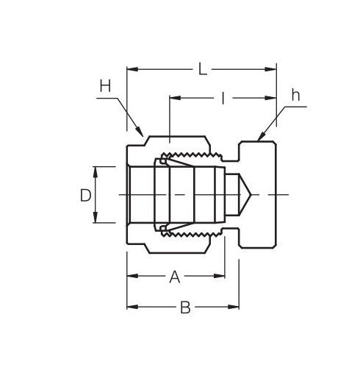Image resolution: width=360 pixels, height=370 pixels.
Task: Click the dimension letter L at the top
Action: (x=202, y=69)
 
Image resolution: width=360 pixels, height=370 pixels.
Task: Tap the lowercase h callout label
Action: (x=295, y=95)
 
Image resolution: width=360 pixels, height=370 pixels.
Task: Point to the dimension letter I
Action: (x=222, y=97)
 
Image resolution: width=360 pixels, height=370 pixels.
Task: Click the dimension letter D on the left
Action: (x=85, y=195)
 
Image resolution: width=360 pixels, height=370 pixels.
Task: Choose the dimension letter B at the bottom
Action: (x=185, y=307)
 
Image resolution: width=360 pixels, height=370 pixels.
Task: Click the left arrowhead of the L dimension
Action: (x=132, y=70)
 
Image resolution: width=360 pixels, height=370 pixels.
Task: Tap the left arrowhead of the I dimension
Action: (x=173, y=97)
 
